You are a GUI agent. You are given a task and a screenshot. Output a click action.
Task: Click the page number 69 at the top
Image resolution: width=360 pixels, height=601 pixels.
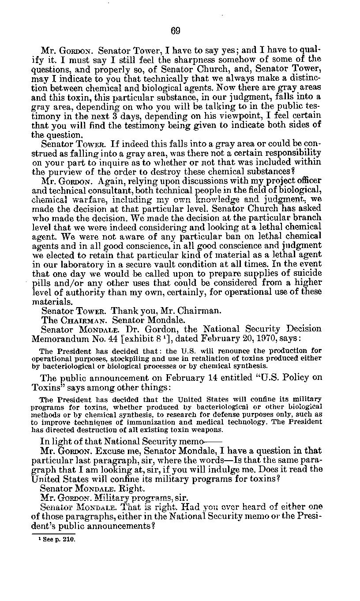tap(176, 30)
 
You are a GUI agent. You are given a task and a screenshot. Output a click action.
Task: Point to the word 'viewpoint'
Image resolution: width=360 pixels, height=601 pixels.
tap(224, 115)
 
